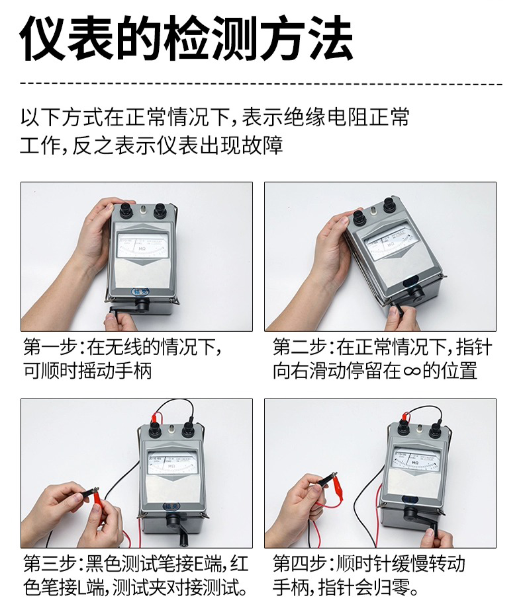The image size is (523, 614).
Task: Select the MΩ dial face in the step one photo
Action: (x=142, y=245)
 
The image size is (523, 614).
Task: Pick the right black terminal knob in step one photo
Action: (x=161, y=211)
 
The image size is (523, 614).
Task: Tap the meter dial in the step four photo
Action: (x=416, y=459)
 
